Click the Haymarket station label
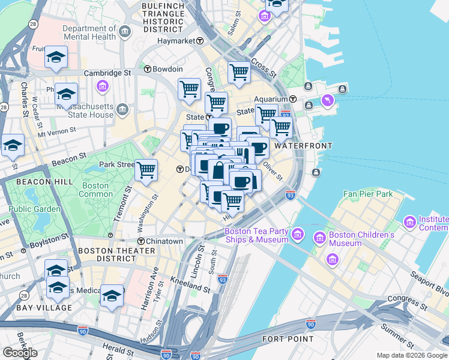(x=176, y=41)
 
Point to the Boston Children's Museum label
(x=352, y=239)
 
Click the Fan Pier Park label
(x=367, y=194)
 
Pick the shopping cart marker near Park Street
(x=146, y=170)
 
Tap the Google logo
(x=20, y=353)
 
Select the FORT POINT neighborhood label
(x=288, y=339)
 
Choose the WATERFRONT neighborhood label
(x=303, y=146)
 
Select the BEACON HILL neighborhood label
(x=44, y=181)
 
